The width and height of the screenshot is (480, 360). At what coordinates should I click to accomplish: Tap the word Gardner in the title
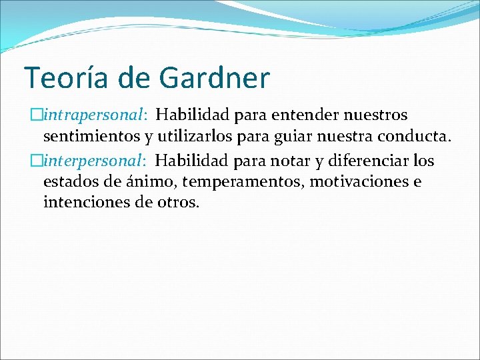coord(214,78)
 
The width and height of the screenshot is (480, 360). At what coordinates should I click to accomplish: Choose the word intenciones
coord(85,202)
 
